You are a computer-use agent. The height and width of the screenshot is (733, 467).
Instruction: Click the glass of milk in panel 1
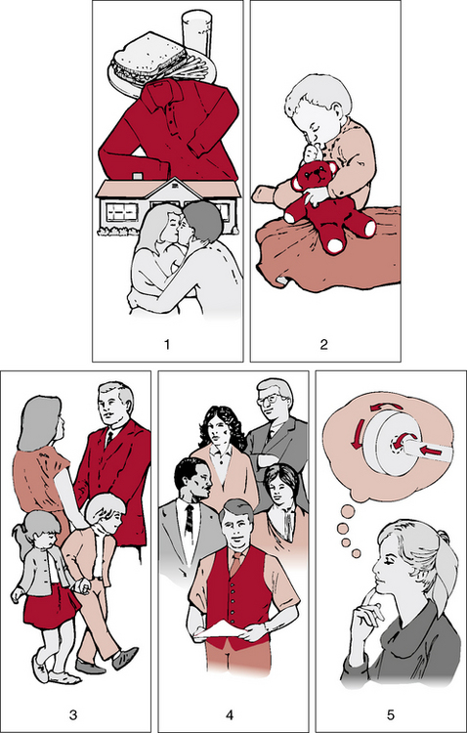[195, 32]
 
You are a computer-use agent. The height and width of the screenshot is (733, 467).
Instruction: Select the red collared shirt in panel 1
[169, 131]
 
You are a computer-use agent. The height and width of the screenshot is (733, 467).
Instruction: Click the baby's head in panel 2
[318, 107]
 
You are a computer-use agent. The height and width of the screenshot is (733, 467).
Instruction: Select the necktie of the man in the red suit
[108, 440]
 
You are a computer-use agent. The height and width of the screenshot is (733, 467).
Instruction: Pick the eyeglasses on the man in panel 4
[270, 399]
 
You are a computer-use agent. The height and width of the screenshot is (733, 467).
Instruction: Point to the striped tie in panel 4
[189, 519]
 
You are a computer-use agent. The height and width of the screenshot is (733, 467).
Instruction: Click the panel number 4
[230, 715]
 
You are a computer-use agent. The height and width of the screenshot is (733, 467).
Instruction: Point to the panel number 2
[323, 345]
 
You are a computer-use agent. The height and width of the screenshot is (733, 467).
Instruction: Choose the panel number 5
[391, 715]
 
